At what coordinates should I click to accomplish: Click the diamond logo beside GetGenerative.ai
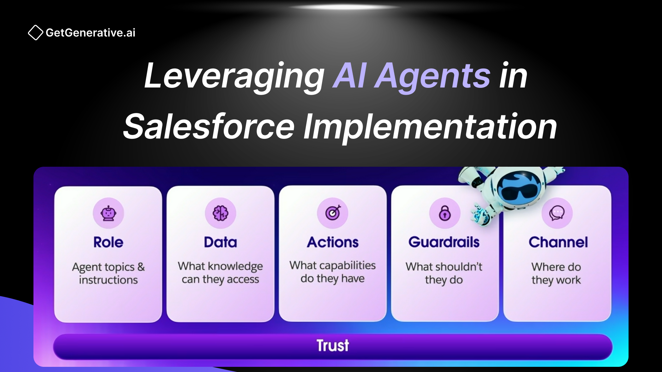click(35, 33)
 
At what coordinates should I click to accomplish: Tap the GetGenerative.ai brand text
click(90, 33)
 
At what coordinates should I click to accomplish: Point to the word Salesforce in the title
click(209, 127)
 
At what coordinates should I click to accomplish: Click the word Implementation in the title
click(430, 127)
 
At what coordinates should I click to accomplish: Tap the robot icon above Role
click(108, 213)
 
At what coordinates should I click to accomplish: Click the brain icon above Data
click(220, 213)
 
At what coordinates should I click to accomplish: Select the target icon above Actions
click(333, 213)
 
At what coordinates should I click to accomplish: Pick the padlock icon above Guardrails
click(445, 213)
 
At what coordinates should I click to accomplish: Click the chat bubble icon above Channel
click(557, 213)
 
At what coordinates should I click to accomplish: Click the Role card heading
click(108, 242)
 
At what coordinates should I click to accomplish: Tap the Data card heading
click(220, 242)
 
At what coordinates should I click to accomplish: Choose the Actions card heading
click(333, 242)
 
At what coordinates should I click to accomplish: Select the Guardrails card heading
click(444, 242)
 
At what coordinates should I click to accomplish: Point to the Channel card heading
click(558, 242)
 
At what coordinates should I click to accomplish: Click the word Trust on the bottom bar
click(333, 345)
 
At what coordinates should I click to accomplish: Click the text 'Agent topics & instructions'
click(108, 273)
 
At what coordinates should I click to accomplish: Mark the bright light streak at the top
click(345, 7)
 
